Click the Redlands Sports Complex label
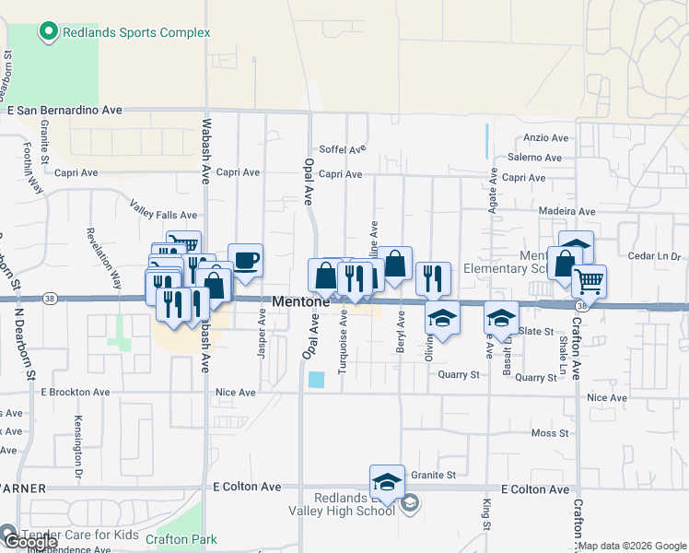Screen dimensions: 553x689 136,32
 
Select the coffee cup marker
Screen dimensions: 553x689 245,260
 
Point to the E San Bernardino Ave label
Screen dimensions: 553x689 64,110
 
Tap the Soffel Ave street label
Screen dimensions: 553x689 343,148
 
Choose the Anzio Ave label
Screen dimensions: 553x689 546,138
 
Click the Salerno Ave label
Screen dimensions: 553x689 534,158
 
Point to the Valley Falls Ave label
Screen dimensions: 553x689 163,215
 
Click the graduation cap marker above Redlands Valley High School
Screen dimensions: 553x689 387,481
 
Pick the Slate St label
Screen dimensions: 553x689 535,331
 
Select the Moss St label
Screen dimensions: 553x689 550,432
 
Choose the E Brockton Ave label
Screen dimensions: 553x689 76,392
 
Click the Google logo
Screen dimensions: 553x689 29,542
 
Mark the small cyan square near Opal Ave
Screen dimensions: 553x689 317,379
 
